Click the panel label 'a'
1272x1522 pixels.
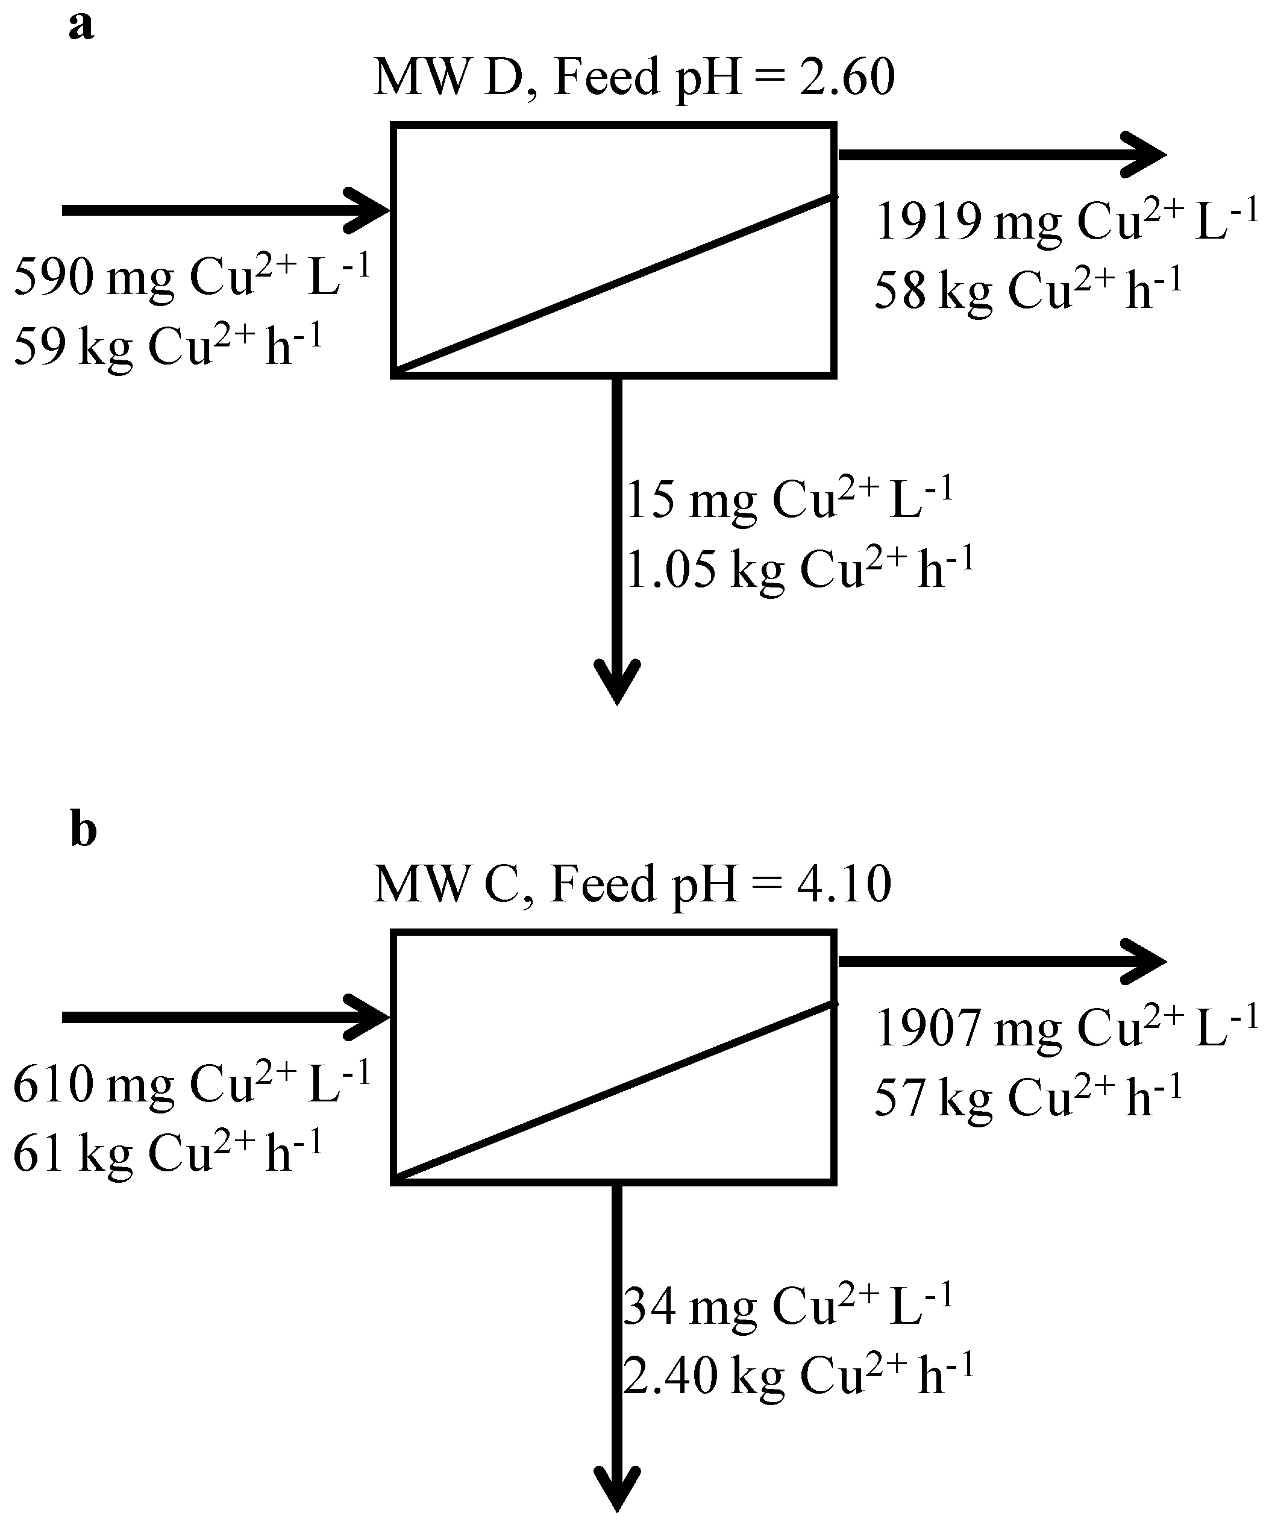[81, 27]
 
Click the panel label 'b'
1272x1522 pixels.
[83, 830]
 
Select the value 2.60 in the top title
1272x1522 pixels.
[847, 78]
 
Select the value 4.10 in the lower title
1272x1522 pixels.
[844, 884]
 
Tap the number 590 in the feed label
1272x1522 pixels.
[54, 278]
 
